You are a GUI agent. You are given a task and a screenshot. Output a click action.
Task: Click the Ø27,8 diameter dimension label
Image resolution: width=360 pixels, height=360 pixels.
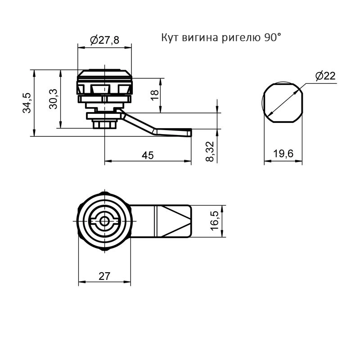point(105,40)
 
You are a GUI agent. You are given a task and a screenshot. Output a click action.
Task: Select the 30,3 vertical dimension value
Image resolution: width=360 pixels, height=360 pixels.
point(53,99)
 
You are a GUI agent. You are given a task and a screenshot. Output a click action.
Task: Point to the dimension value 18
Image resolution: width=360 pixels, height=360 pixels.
point(155,95)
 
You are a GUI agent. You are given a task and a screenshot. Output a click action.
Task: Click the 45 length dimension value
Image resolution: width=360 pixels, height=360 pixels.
point(148,155)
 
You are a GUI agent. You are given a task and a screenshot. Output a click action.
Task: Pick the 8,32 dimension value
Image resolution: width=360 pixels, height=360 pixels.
point(210,152)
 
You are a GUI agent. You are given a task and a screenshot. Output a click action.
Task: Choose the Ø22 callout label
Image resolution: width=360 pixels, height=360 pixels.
point(325,76)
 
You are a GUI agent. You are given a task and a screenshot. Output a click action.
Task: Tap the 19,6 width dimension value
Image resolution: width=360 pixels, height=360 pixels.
point(283,153)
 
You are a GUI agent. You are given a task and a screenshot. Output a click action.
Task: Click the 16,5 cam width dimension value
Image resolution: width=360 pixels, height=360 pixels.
point(215,221)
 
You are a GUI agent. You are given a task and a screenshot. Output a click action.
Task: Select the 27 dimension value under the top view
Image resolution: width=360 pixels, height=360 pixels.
point(104,276)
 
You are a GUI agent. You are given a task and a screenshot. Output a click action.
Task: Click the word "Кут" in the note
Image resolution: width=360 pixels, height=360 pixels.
point(170,37)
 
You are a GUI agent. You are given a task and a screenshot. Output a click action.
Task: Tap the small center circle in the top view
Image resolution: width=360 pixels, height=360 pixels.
point(105,221)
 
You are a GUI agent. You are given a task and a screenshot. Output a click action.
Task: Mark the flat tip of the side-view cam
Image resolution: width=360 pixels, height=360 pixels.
point(189,132)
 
